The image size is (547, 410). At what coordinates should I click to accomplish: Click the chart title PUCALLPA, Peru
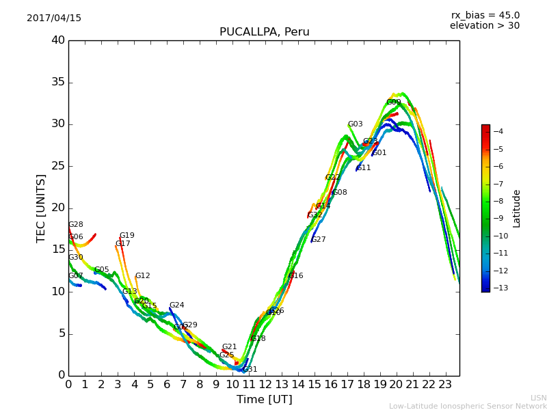click(x=264, y=32)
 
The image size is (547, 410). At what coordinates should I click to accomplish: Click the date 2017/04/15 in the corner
click(x=54, y=18)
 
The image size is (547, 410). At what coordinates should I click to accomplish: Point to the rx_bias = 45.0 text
click(x=485, y=16)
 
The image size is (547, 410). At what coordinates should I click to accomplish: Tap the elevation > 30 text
click(x=484, y=26)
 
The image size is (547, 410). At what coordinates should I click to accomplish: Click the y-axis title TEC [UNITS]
click(x=41, y=208)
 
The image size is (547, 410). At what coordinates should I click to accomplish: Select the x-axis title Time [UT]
click(x=264, y=400)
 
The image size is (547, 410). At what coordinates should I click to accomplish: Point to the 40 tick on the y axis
click(x=58, y=40)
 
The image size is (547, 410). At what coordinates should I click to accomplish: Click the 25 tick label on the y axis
click(x=58, y=166)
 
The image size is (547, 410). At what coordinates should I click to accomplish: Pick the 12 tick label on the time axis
click(x=265, y=385)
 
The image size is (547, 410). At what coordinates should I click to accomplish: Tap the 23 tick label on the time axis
click(x=446, y=385)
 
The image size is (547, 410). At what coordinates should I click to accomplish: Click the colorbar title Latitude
click(x=517, y=208)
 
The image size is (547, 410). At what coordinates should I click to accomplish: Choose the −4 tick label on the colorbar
click(x=498, y=131)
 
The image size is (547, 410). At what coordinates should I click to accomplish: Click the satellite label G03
click(x=356, y=124)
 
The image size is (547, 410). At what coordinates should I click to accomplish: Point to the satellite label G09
click(x=394, y=102)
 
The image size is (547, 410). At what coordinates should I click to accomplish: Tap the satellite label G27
click(x=319, y=240)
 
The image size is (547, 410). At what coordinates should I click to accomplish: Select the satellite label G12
click(x=142, y=276)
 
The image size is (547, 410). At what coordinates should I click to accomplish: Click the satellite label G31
click(x=250, y=370)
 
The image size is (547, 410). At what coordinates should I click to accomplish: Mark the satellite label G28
click(x=76, y=225)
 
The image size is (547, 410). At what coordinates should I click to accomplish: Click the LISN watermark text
click(x=538, y=398)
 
